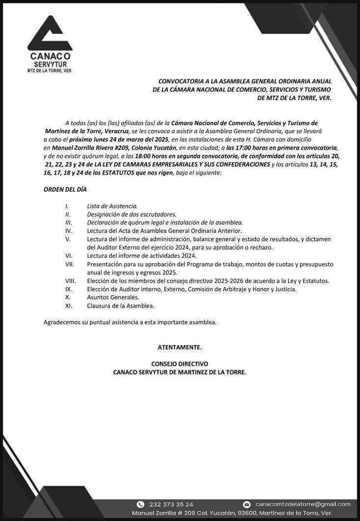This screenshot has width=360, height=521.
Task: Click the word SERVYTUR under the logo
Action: [x=50, y=64]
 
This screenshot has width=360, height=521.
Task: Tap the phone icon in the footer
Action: [x=140, y=504]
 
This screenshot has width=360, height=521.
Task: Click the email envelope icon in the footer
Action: [x=247, y=504]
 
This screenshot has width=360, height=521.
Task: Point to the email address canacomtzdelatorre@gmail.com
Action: [x=303, y=504]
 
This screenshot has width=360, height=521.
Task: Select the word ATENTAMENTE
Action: [x=180, y=347]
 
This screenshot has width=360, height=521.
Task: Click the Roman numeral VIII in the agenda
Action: [x=71, y=281]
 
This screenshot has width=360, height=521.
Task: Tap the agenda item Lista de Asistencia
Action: [x=112, y=206]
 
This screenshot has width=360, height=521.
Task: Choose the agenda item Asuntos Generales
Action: [x=113, y=298]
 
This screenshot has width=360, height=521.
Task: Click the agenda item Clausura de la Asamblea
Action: [x=121, y=306]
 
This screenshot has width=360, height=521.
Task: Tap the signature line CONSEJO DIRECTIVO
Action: [x=180, y=364]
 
